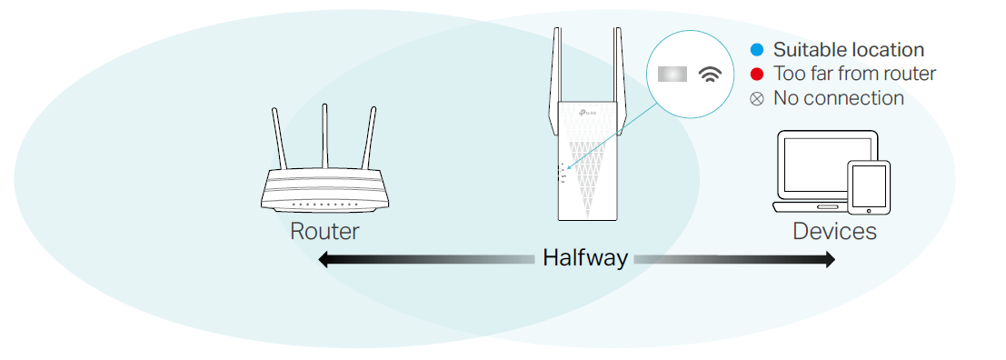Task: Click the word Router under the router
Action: coord(324,231)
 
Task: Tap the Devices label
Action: coord(834,231)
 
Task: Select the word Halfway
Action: coord(584,258)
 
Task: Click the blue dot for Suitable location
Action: coord(757,51)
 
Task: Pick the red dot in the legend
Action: coord(757,74)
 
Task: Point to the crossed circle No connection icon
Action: coord(757,97)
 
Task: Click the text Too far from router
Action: coord(854,74)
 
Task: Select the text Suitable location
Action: coord(848,51)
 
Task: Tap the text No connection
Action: coord(838,97)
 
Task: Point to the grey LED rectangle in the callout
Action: coord(672,75)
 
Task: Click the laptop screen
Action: coord(824,164)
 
